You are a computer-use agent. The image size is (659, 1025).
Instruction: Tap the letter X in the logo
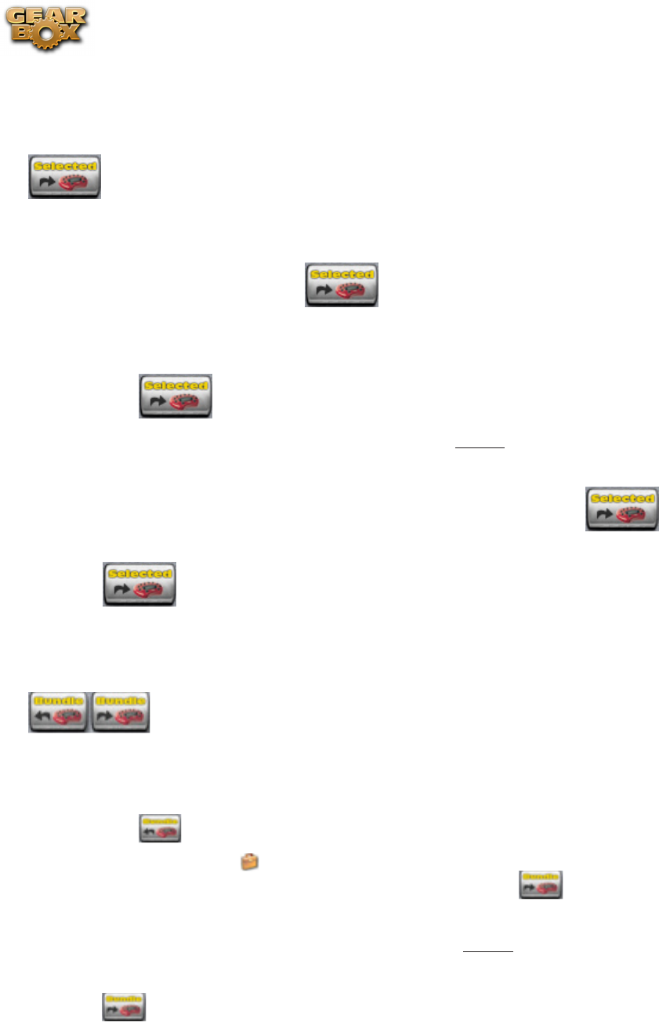pyautogui.click(x=72, y=37)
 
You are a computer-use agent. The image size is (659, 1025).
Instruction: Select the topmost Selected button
pyautogui.click(x=64, y=176)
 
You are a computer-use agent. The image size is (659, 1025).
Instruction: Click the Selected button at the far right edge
pyautogui.click(x=622, y=509)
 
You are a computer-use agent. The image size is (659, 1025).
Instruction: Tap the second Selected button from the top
pyautogui.click(x=341, y=284)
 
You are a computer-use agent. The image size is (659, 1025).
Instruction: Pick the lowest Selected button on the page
pyautogui.click(x=139, y=584)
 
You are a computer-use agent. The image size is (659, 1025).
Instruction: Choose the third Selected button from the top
pyautogui.click(x=176, y=396)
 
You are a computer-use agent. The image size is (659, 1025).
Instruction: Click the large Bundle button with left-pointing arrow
pyautogui.click(x=59, y=712)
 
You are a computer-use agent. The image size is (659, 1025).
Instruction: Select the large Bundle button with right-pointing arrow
pyautogui.click(x=121, y=712)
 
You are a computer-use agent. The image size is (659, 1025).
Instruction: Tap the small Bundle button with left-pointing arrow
pyautogui.click(x=160, y=828)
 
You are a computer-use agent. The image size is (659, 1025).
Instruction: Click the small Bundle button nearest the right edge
pyautogui.click(x=541, y=884)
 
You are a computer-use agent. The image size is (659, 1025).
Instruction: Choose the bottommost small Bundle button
pyautogui.click(x=124, y=1007)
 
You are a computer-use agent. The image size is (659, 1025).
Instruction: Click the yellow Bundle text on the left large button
pyautogui.click(x=59, y=701)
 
